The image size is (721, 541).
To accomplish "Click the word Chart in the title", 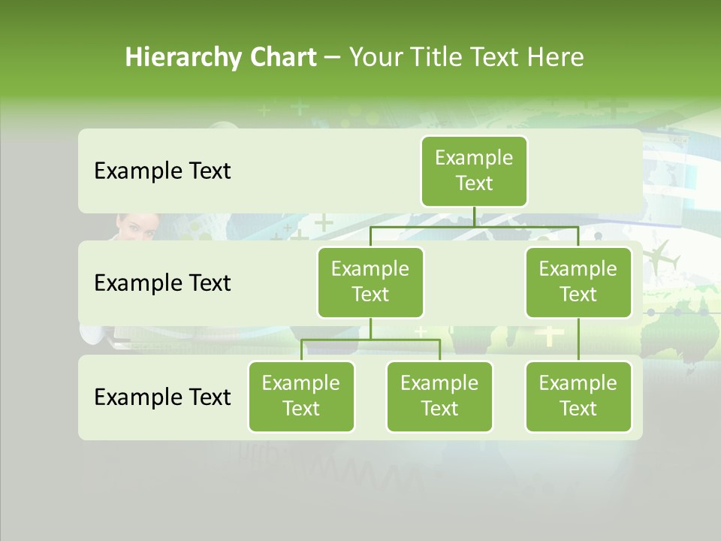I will click(283, 58).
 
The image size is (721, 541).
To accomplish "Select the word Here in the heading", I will click(555, 58).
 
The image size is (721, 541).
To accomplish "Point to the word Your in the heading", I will click(375, 58).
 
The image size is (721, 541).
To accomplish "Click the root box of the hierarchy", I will click(474, 171).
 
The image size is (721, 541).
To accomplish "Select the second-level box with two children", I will click(370, 282).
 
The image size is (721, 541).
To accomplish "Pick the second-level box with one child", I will click(578, 282).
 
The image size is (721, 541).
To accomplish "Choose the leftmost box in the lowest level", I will click(301, 396).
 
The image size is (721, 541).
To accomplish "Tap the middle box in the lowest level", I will click(439, 396).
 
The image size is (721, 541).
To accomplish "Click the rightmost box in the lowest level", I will click(578, 396).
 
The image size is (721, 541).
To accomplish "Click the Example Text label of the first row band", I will click(162, 171).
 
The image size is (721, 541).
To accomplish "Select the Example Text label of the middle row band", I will click(162, 283).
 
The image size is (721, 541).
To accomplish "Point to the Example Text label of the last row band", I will click(162, 397).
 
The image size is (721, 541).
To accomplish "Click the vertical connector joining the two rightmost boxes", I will click(578, 340).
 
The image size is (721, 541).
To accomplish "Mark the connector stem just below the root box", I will click(474, 216).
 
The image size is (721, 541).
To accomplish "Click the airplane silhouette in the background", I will click(661, 256).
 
